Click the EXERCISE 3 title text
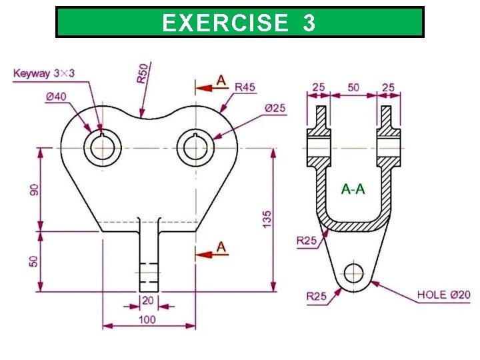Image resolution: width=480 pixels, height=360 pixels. coord(239,23)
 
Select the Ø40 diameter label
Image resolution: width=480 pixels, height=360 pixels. coord(56,96)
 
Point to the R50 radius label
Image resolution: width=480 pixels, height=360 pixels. coord(143,73)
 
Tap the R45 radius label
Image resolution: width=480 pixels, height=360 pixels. coord(245,87)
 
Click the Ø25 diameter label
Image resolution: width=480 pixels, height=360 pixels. coord(275,108)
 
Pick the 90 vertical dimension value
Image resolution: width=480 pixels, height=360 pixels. coord(33,189)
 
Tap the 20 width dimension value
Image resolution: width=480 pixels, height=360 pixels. coord(148,301)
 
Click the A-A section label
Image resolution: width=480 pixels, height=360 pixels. coord(353,189)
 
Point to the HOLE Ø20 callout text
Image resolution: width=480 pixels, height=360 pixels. coord(444,294)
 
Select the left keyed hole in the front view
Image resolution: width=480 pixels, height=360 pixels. coord(102,147)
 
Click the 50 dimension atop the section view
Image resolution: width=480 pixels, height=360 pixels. coord(353,87)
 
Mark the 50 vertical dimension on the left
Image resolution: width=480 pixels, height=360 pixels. coord(33,261)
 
